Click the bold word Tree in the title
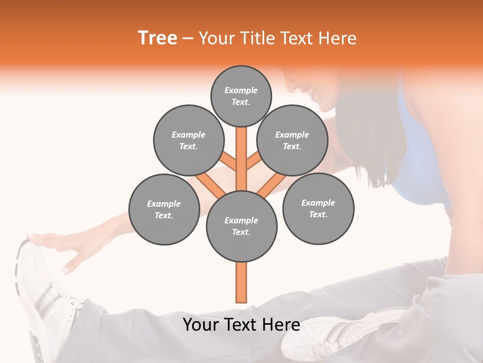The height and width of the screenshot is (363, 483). point(157,38)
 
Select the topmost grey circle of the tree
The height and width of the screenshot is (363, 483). point(241,96)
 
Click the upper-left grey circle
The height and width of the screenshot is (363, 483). point(188,140)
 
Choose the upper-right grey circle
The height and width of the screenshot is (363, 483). point(292,140)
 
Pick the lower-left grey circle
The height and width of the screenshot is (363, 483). point(164,209)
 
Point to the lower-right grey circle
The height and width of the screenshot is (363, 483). point(318,208)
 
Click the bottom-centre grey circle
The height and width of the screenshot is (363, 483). point(242,226)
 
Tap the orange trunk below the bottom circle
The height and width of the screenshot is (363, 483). point(242,282)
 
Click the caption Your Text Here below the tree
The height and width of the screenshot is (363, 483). point(242,325)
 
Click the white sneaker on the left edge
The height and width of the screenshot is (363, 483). point(38,292)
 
